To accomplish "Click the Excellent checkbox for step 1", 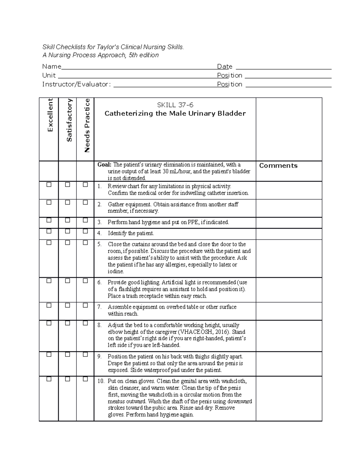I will tap(49, 185).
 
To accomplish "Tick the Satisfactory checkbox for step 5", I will tap(67, 242).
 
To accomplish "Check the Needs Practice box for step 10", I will tap(85, 379).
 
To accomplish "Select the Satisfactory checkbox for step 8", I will tap(67, 323).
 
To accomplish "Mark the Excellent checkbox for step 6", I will tap(49, 281).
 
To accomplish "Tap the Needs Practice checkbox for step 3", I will tap(85, 221).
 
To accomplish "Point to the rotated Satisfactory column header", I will tap(69, 120).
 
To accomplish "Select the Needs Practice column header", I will tap(87, 125).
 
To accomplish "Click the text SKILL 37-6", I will tap(175, 105).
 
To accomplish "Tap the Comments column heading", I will tap(278, 166).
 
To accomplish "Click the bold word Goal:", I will tap(104, 164).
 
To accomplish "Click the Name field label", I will tap(52, 66).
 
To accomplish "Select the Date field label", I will tap(225, 66).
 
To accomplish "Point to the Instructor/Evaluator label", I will tap(76, 84).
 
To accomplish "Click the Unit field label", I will tap(49, 75).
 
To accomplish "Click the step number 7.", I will tap(99, 307).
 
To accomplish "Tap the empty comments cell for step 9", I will tap(289, 363).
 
